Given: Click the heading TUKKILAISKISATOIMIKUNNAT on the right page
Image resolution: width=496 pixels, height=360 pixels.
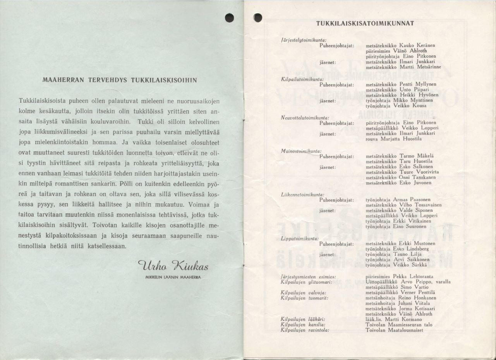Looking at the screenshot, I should click(x=365, y=23).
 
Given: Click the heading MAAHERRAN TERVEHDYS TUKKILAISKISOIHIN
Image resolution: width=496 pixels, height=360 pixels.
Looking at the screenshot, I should click(x=120, y=81).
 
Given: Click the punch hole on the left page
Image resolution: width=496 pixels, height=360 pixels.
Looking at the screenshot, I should click(x=230, y=18).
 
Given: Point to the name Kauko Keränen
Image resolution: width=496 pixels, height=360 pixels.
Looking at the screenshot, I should click(x=417, y=45).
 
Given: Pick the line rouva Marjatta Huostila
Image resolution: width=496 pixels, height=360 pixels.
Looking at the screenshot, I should click(x=393, y=139).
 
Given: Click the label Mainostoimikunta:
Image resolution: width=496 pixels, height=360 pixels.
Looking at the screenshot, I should click(x=301, y=151).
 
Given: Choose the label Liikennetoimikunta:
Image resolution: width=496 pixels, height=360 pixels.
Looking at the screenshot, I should click(x=302, y=194).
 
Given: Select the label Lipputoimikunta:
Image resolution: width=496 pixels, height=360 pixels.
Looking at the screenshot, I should click(x=300, y=238).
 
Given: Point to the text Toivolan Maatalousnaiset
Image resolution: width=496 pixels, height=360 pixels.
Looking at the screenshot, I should click(x=394, y=330).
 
